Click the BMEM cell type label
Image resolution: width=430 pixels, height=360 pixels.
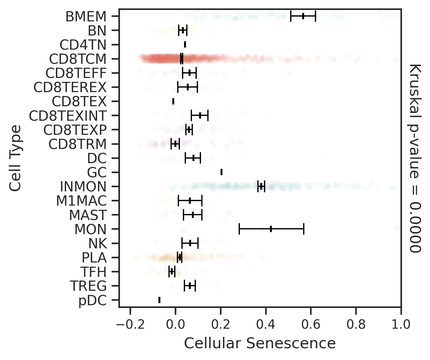tap(86, 17)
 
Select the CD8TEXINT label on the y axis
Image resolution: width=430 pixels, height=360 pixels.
tap(68, 116)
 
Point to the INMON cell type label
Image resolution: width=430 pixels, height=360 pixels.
tap(83, 187)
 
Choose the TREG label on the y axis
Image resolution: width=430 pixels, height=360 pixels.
tap(88, 286)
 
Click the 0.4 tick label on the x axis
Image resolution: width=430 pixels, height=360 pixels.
tap(266, 325)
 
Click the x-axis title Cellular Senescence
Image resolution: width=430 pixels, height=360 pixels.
tap(260, 343)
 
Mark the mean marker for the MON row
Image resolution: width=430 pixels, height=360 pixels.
tap(271, 229)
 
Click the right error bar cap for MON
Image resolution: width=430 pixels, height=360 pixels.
tap(304, 229)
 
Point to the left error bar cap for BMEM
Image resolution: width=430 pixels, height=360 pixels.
tap(291, 16)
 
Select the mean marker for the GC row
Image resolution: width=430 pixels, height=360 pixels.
tap(221, 172)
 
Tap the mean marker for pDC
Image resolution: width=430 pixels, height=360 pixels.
tap(159, 300)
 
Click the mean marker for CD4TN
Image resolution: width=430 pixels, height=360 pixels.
tap(185, 45)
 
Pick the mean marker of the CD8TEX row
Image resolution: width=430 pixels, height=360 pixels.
tap(173, 101)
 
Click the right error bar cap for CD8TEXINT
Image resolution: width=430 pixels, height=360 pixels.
tap(208, 116)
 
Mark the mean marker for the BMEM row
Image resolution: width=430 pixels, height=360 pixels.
tap(303, 16)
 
